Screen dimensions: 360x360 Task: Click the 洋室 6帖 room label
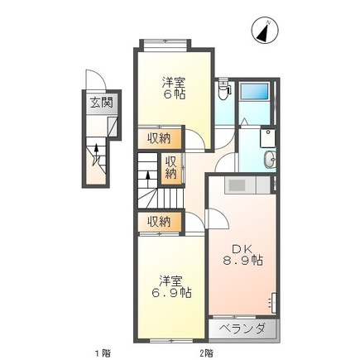point(173,88)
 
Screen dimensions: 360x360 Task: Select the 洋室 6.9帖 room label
point(170,286)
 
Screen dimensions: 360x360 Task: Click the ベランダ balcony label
point(242,329)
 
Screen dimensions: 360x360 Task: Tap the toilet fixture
point(223,91)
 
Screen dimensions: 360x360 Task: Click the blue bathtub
point(255,99)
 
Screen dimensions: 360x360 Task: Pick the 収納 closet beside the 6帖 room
point(160,138)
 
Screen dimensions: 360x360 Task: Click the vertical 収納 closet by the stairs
point(170,168)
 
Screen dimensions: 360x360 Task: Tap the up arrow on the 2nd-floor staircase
point(148,174)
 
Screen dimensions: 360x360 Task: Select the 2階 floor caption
point(205,353)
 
